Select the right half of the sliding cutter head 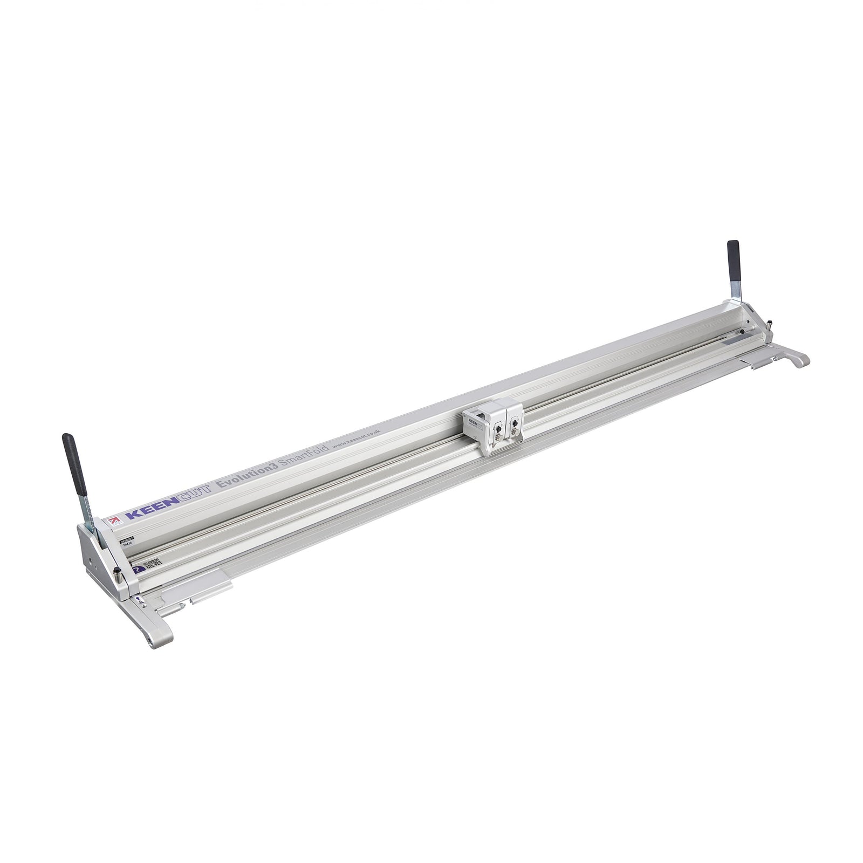pyautogui.click(x=512, y=421)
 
